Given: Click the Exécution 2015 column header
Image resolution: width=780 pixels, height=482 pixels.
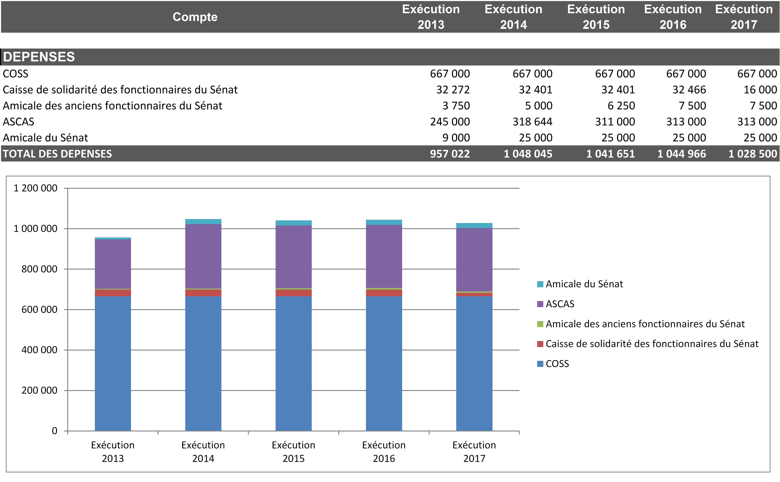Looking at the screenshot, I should coord(596,17).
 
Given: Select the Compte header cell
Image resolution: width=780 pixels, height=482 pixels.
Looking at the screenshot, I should coord(195,17).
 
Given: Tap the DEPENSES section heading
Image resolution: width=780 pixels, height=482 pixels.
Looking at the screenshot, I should coord(39,57).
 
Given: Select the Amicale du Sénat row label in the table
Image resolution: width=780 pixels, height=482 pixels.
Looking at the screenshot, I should coord(45,138).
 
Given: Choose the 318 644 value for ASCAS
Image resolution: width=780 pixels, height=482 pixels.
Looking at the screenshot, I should coord(532,122).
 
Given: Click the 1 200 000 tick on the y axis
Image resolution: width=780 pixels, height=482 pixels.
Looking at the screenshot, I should coord(35,188).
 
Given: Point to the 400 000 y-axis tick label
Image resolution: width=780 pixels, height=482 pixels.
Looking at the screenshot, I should coord(39,350).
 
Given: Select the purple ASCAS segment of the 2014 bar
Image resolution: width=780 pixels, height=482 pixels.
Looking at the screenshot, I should coord(203,256).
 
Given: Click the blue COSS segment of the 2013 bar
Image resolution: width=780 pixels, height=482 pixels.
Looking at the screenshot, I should coord(113,363).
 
